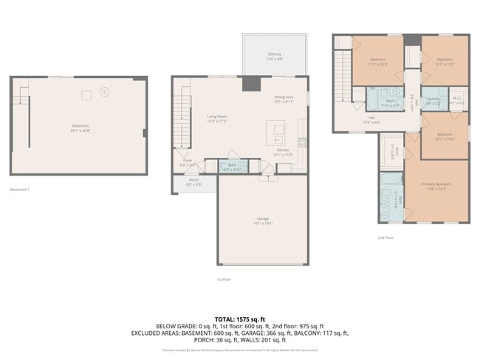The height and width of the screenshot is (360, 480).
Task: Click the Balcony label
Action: pos(274,54)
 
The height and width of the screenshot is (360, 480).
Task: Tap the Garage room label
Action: pos(262,219)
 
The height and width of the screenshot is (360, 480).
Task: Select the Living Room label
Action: pos(216,116)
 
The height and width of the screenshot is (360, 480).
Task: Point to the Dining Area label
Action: pos(284,97)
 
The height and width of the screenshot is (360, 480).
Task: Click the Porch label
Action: pos(193,180)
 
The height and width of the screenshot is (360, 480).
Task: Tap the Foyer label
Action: pos(188,160)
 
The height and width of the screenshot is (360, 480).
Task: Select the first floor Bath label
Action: pos(232,165)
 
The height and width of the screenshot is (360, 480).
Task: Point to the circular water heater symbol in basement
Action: pos(104,92)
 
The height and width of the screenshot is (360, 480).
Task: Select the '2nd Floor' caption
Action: pos(385,238)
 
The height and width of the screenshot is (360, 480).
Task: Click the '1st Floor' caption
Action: pos(224,280)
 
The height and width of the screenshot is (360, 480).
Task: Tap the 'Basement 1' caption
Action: pos(20,190)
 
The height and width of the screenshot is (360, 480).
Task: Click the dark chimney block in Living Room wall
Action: pos(247,83)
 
